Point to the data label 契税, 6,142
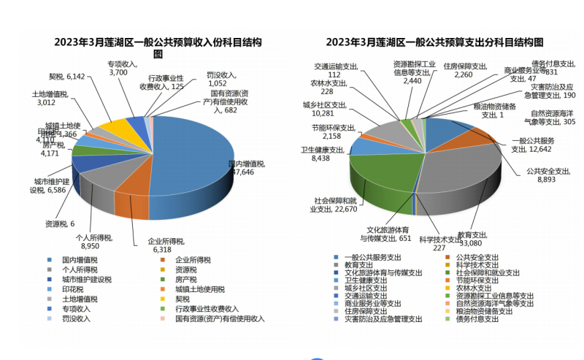pyautogui.click(x=67, y=76)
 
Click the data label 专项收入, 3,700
pyautogui.click(x=123, y=68)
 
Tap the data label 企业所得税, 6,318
pyautogui.click(x=164, y=245)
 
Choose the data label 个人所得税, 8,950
pyautogui.click(x=94, y=242)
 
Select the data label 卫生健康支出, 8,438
pyautogui.click(x=322, y=153)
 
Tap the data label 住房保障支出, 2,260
pyautogui.click(x=465, y=69)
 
